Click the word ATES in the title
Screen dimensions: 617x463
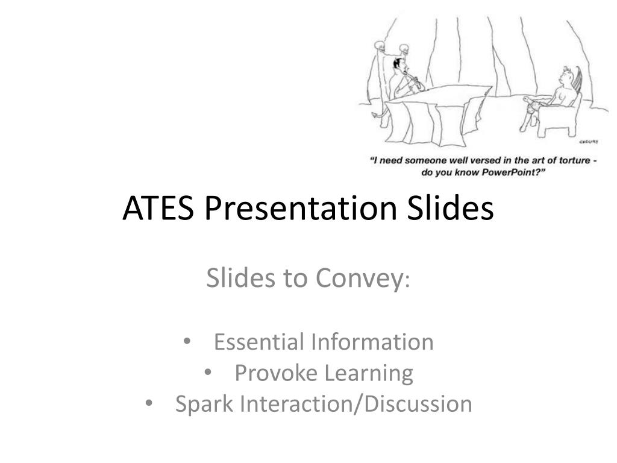pos(158,207)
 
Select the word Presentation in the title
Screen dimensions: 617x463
pos(301,207)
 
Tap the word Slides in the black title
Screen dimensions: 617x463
pos(450,207)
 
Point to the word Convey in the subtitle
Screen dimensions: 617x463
pos(359,278)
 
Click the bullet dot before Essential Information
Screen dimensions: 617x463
pos(187,341)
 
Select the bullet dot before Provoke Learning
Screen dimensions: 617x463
pos(208,371)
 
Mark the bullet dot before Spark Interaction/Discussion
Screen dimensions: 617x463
pos(148,403)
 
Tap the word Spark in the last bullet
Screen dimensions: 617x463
pos(204,405)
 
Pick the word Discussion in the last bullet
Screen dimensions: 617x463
pos(418,403)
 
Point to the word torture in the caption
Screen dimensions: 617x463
pos(575,160)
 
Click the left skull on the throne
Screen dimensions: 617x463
pos(380,46)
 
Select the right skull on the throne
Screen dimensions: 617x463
pos(404,49)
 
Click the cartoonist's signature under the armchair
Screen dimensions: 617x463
pos(589,142)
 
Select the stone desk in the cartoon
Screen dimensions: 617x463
pos(437,114)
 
